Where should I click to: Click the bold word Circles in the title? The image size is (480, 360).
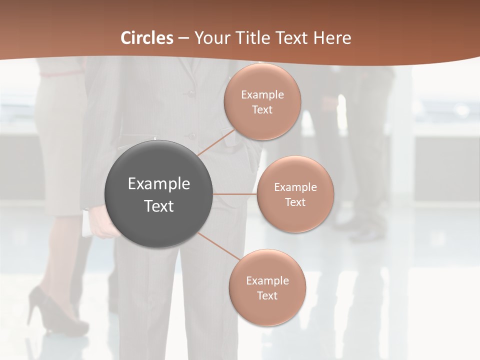click(147, 38)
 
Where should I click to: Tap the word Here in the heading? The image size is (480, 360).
click(332, 38)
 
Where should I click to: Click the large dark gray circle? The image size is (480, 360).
click(158, 194)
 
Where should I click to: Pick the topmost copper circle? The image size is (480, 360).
click(262, 102)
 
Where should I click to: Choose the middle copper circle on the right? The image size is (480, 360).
click(295, 194)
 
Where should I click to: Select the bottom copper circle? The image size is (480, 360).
click(267, 287)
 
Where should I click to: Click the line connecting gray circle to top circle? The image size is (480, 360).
click(216, 142)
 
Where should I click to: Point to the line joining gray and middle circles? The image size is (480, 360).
click(234, 194)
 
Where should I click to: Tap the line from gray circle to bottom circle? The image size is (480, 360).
click(218, 246)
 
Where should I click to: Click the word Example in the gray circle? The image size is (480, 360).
click(158, 184)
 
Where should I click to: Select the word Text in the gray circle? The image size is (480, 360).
click(158, 206)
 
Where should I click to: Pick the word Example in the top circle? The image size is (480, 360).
click(262, 95)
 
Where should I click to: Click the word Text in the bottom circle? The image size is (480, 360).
click(267, 295)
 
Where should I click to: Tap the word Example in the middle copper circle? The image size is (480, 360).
click(295, 187)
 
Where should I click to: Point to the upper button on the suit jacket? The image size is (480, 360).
click(189, 93)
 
